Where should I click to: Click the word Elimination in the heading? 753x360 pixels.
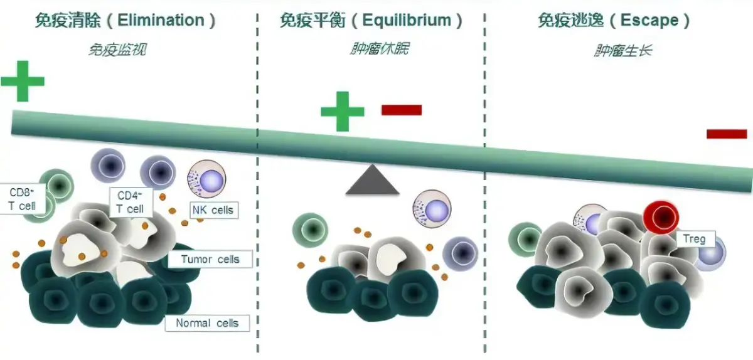(x=160, y=20)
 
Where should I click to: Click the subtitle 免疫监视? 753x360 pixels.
(x=117, y=49)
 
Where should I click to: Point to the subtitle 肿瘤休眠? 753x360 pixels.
(x=379, y=48)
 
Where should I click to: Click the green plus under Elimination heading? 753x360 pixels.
(x=23, y=80)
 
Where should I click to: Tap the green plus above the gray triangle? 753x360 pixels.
(x=343, y=111)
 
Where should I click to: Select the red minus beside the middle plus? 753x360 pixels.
(x=402, y=110)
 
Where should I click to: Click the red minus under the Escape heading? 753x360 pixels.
(x=727, y=134)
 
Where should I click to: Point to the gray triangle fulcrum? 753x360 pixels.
(x=372, y=181)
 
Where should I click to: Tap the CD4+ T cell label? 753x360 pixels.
(x=130, y=202)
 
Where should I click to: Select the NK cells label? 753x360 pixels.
(x=213, y=210)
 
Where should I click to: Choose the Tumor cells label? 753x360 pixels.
(x=210, y=259)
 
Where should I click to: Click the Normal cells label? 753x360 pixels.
(x=207, y=323)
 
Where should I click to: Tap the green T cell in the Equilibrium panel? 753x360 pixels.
(x=310, y=230)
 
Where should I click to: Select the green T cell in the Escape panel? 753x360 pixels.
(x=525, y=239)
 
